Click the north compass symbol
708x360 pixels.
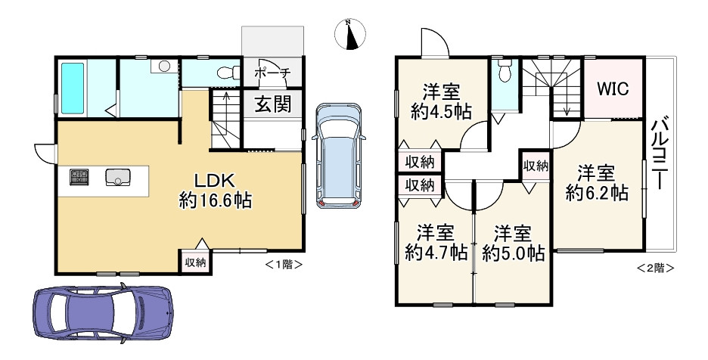(x=349, y=35)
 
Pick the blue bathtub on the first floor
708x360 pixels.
(x=72, y=88)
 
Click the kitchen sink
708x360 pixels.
(x=118, y=178)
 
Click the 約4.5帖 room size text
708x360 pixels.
(x=442, y=112)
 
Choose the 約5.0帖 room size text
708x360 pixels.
(x=514, y=253)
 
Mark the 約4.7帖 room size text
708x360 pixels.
(x=436, y=253)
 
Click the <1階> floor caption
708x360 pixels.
(x=284, y=265)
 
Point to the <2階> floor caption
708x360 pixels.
(x=655, y=267)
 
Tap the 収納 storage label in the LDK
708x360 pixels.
(x=195, y=262)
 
